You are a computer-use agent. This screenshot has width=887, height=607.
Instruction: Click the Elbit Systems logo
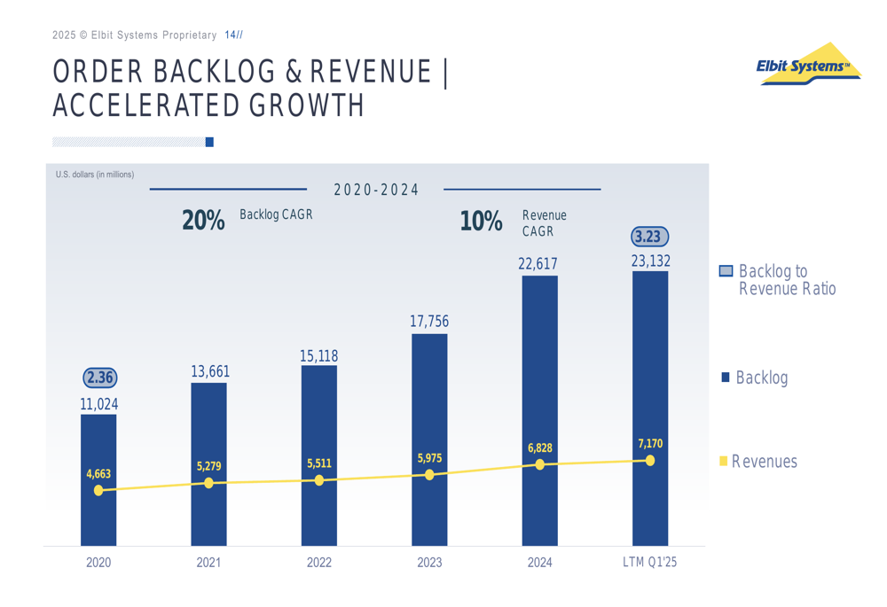[x=809, y=64]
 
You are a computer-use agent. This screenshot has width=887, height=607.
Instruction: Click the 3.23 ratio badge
[x=649, y=237]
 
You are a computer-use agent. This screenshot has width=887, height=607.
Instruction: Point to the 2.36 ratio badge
[x=100, y=377]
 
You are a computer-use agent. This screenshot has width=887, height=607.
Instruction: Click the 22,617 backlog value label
[x=538, y=264]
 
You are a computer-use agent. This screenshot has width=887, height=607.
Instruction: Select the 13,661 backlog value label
[x=210, y=371]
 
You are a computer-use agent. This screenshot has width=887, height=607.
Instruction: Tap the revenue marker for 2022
[x=319, y=479]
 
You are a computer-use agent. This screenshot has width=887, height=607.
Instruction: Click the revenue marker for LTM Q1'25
[x=650, y=461]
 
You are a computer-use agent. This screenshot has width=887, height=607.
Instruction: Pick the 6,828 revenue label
[x=539, y=448]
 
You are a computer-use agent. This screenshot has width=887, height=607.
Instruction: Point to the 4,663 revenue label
[x=98, y=474]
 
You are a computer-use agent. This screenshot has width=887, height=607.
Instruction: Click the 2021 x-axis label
[x=208, y=563]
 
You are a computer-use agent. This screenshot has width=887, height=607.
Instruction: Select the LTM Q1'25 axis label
[x=649, y=562]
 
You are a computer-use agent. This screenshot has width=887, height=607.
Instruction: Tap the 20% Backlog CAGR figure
[x=203, y=221]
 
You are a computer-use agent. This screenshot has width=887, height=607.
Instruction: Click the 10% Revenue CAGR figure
[x=481, y=221]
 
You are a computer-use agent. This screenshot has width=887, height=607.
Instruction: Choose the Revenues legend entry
[x=758, y=461]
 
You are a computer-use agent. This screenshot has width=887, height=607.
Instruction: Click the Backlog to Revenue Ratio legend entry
[x=777, y=280]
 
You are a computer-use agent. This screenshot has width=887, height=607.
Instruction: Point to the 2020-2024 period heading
[x=376, y=190]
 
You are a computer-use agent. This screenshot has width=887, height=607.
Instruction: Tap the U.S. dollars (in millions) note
[x=95, y=175]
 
